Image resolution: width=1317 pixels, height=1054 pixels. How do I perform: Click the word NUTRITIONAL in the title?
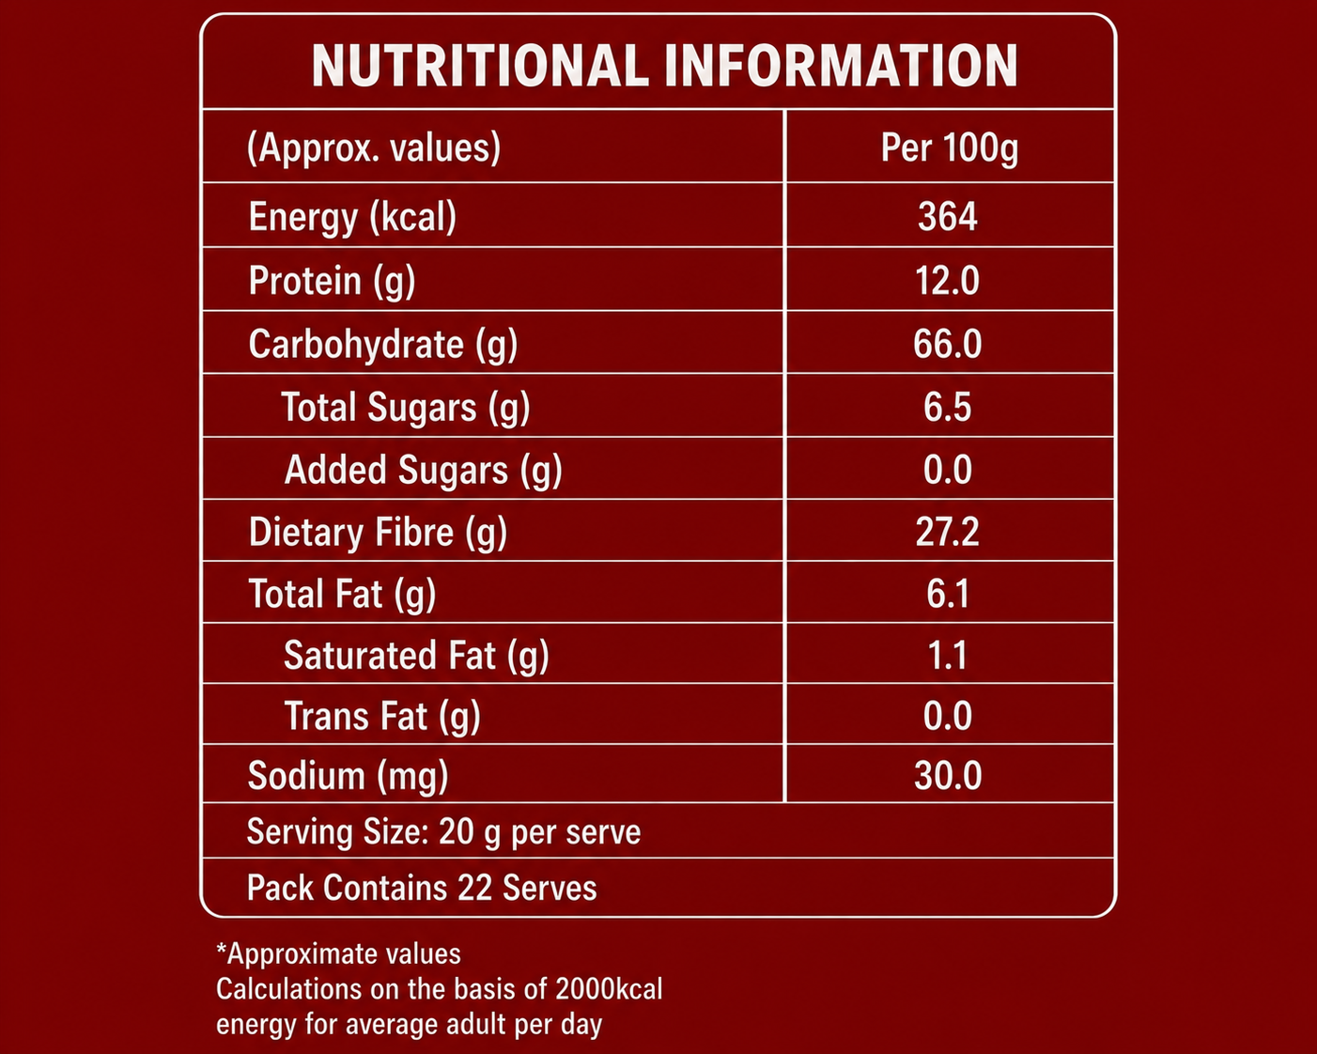coord(480,66)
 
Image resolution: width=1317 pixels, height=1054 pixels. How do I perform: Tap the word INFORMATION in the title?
coord(842,66)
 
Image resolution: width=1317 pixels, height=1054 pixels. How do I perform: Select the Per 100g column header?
coord(949,148)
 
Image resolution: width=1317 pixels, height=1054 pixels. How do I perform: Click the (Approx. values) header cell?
coord(374,148)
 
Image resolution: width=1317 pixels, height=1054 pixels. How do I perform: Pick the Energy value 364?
coord(948,217)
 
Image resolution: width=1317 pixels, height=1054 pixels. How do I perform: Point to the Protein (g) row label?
coord(333,282)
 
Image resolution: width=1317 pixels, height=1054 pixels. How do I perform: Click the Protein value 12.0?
coord(948,281)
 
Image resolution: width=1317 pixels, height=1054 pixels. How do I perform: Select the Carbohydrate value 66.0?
coord(948,344)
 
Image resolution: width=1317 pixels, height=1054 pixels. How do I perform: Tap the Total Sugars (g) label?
coord(405,408)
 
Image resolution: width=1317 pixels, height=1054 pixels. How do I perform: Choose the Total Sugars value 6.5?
coord(948,407)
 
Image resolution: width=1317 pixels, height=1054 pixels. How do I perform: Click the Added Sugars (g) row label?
coord(423,471)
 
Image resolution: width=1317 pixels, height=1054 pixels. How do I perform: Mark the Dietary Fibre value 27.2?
coord(948,532)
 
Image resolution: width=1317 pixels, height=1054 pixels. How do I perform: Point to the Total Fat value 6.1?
coord(948,594)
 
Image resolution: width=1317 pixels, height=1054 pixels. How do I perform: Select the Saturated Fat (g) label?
coord(416,656)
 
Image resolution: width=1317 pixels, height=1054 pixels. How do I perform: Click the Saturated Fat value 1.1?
coord(948,655)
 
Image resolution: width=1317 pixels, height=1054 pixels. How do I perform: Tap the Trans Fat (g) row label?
coord(382,716)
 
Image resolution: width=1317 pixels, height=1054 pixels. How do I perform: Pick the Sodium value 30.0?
coord(948,776)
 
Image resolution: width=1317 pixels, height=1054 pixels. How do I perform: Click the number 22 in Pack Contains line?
coord(474,888)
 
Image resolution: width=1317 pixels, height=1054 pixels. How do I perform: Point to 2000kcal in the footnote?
coord(609,989)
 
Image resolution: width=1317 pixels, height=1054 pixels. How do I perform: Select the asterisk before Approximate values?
coord(222,950)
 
